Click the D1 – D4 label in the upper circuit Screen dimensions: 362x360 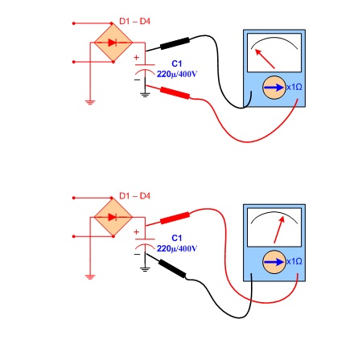pyautogui.click(x=134, y=21)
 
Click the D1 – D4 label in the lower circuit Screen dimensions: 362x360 pyautogui.click(x=134, y=196)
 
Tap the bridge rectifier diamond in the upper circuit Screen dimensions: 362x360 pyautogui.click(x=113, y=43)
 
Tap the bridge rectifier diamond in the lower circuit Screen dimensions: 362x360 pyautogui.click(x=113, y=217)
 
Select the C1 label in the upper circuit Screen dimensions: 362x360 pyautogui.click(x=177, y=63)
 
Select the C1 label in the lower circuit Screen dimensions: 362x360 pyautogui.click(x=177, y=238)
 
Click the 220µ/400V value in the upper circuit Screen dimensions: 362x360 pyautogui.click(x=177, y=74)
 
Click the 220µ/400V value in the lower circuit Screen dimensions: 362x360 pyautogui.click(x=177, y=248)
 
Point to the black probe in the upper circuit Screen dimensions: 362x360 pyautogui.click(x=175, y=43)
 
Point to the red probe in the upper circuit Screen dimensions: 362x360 pyautogui.click(x=175, y=93)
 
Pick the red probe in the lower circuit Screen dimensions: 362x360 pyautogui.click(x=175, y=218)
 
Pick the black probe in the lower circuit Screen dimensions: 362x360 pyautogui.click(x=172, y=268)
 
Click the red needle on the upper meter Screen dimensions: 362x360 pyautogui.click(x=265, y=59)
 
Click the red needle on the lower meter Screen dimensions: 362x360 pyautogui.click(x=279, y=230)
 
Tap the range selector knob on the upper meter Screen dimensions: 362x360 pyautogui.click(x=274, y=88)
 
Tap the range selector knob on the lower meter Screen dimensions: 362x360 pyautogui.click(x=274, y=262)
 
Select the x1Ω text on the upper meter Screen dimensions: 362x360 pyautogui.click(x=294, y=88)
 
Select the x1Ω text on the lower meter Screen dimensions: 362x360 pyautogui.click(x=294, y=261)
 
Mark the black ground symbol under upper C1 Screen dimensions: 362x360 pyautogui.click(x=145, y=95)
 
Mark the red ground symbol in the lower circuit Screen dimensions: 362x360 pyautogui.click(x=90, y=277)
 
